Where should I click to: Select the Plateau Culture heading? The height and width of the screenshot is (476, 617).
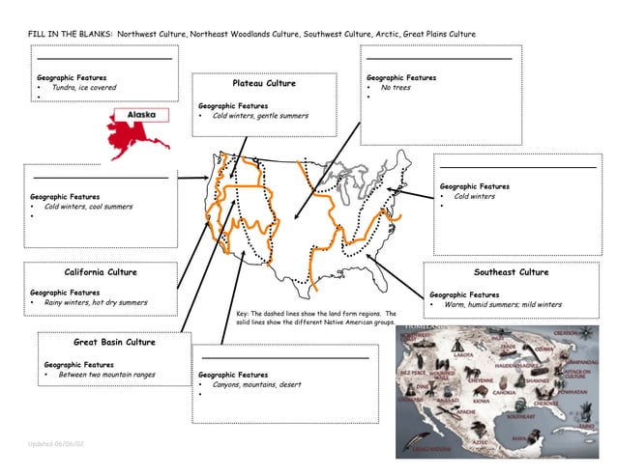coord(264,84)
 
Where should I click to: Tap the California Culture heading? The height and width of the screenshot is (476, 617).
coord(101,272)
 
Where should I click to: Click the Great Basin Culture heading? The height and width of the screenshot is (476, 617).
coord(114,342)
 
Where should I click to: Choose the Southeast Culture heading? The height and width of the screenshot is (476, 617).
coord(511,272)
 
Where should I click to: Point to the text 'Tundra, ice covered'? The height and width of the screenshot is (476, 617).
coord(84,88)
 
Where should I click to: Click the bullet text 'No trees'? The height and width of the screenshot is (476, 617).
coord(396,88)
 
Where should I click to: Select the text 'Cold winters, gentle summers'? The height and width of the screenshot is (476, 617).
coord(260,116)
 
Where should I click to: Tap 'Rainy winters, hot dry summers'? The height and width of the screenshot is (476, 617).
coord(96,302)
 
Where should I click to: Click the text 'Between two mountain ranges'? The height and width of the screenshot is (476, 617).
coord(106,375)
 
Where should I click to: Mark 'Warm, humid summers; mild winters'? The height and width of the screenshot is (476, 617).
coord(503,305)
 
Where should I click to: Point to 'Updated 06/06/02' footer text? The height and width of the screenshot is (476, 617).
coord(56,442)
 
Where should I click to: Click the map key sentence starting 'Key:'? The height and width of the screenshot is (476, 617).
coord(316,318)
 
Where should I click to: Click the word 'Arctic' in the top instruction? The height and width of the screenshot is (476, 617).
coord(392,34)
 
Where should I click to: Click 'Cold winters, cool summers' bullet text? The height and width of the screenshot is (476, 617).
coord(88,207)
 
